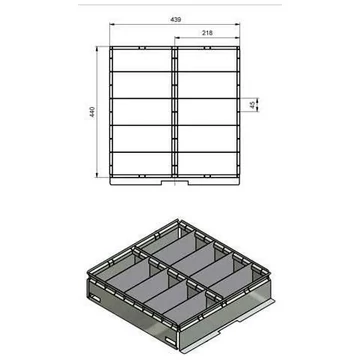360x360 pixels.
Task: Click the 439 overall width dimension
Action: pyautogui.click(x=175, y=18)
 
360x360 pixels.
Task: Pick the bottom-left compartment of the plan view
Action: pyautogui.click(x=140, y=163)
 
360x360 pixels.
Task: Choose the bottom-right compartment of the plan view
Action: pyautogui.click(x=207, y=163)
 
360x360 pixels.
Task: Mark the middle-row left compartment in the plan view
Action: pyautogui.click(x=140, y=110)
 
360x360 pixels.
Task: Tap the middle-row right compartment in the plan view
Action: pyautogui.click(x=207, y=110)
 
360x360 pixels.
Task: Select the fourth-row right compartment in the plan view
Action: pyautogui.click(x=207, y=137)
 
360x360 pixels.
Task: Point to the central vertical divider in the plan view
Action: pyautogui.click(x=174, y=110)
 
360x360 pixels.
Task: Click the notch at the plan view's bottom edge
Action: pyautogui.click(x=173, y=182)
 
